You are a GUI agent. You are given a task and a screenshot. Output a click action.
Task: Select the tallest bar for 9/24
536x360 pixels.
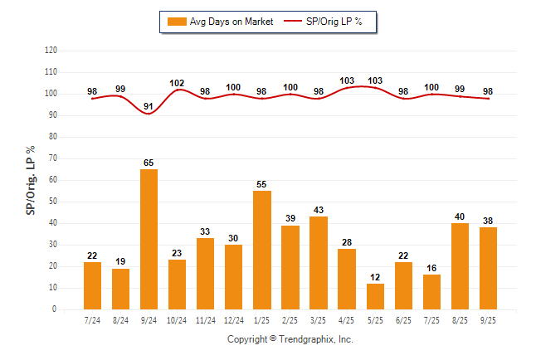tap(149, 239)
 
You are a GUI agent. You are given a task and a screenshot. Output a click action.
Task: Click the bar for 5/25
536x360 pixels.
tap(375, 296)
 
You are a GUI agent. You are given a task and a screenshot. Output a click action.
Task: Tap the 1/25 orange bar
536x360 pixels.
tap(261, 250)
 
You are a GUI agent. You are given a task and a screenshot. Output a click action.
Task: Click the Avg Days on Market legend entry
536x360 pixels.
tap(220, 22)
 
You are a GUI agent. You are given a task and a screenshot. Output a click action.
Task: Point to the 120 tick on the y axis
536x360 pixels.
tap(51, 50)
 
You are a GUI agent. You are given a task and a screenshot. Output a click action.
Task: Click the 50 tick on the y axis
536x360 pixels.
tap(53, 201)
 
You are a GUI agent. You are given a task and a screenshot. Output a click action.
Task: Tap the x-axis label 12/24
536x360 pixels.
tap(233, 320)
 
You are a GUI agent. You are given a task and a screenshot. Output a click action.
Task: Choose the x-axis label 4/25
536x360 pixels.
tap(347, 320)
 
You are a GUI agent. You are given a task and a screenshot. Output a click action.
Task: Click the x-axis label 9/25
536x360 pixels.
tap(488, 320)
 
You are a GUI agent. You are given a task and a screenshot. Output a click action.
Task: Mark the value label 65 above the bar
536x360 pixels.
tap(149, 163)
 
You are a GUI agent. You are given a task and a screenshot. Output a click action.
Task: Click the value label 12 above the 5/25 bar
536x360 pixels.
tap(375, 277)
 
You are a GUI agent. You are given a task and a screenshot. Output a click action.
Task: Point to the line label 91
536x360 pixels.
tap(149, 106)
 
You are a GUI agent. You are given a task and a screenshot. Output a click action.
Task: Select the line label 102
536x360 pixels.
tap(177, 83)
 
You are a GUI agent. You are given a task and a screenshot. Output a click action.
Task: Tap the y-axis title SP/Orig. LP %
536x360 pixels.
tap(31, 179)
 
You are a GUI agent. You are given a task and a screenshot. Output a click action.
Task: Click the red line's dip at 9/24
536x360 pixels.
tap(149, 113)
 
